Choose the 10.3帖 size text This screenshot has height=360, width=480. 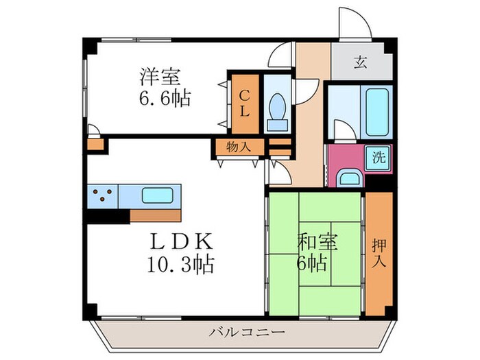pos(180,263)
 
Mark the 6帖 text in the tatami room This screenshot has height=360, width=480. pos(313,263)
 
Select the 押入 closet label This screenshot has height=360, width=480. pos(379,252)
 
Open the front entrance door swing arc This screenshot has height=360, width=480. pos(355,24)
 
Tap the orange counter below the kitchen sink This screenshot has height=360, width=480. pos(155,215)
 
